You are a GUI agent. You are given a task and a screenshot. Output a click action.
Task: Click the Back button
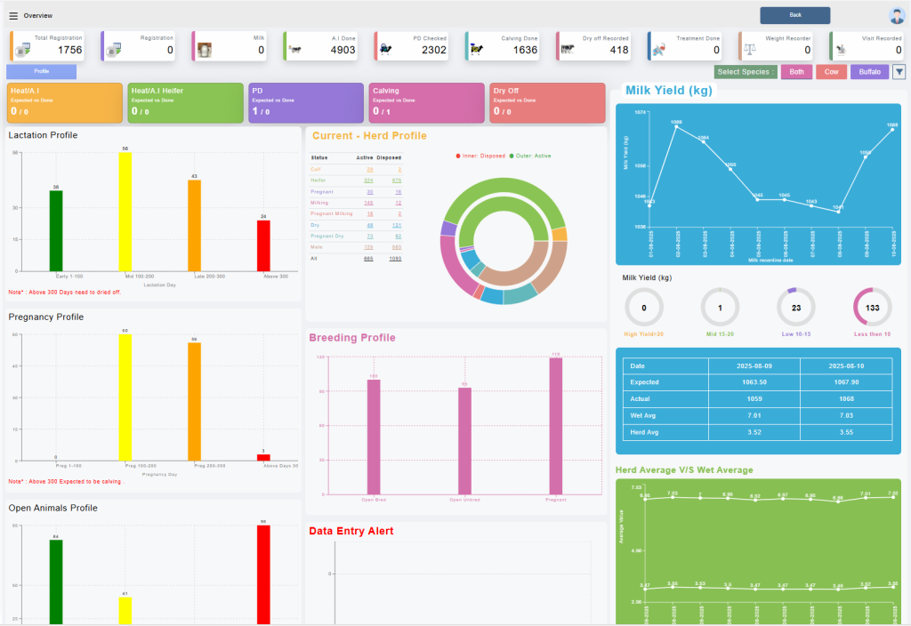pos(794,15)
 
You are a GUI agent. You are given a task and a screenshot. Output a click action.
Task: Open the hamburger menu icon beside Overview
pos(13,16)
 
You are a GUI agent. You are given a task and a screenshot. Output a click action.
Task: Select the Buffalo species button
pos(869,72)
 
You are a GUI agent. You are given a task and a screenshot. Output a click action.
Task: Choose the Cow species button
pos(831,72)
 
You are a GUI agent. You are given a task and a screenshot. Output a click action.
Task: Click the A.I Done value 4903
pos(343,51)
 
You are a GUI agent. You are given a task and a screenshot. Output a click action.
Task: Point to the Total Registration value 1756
pos(69,51)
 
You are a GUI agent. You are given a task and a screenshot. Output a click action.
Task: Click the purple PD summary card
pos(305,103)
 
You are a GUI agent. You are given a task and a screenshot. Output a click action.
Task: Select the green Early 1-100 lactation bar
pos(56,230)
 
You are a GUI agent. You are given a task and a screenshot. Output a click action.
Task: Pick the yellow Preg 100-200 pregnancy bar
pos(125,397)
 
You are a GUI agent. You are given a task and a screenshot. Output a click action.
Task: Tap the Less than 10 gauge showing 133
pos(872,308)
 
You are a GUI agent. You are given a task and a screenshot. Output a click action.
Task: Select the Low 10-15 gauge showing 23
pos(796,308)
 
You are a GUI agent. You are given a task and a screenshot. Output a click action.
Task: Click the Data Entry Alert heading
pos(351,531)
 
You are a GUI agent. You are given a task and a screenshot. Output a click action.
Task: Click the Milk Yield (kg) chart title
pos(667,90)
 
